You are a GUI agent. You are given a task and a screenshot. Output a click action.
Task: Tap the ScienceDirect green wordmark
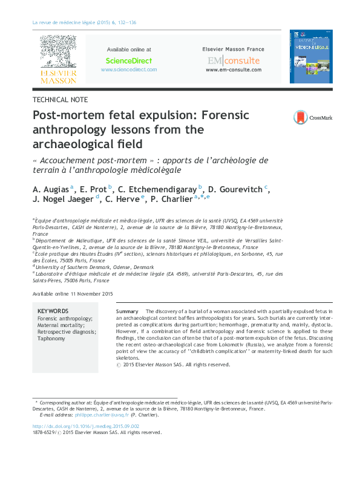[129, 60]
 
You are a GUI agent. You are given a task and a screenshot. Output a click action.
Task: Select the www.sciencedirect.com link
[129, 70]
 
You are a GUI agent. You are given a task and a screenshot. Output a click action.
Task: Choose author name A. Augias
[51, 189]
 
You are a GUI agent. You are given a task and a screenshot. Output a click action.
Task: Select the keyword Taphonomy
[51, 339]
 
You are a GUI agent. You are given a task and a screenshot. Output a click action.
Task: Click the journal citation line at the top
[83, 22]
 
